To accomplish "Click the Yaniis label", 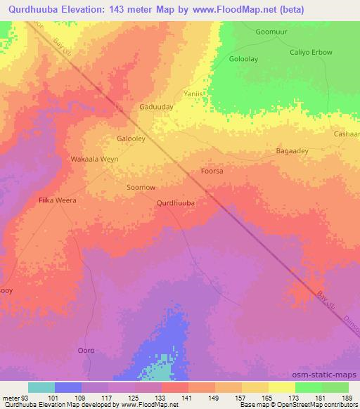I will click(x=193, y=93).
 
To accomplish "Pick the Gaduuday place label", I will click(x=157, y=107).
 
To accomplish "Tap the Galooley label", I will click(x=131, y=138).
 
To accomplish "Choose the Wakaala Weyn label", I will click(x=94, y=160).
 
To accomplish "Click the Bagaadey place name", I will click(x=295, y=151).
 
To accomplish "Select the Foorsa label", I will click(x=212, y=171).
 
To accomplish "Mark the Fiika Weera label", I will click(x=56, y=200).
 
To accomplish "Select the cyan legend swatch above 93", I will click(x=41, y=387).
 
